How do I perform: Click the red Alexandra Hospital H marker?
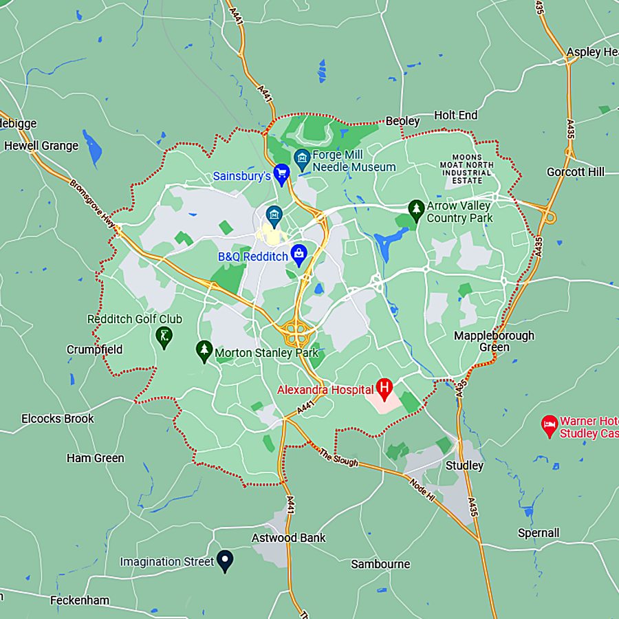coord(384,388)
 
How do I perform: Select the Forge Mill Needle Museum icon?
coord(301,159)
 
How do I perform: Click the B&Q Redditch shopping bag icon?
coord(299,254)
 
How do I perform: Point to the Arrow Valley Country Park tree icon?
coord(415,209)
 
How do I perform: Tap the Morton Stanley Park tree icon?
coord(204,351)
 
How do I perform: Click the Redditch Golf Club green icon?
coord(164,336)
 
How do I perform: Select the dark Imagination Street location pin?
coord(224,560)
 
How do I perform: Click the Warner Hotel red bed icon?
coord(549,425)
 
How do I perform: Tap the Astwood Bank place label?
coord(288,538)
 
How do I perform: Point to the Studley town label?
coord(464,466)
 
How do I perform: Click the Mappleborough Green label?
coord(494,341)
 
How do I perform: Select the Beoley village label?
coord(402,121)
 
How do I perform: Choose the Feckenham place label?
coord(80,600)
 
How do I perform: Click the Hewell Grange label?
coord(41,146)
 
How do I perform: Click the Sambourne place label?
coord(380,564)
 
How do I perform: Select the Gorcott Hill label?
coord(576,171)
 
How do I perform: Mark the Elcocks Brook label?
coord(58,418)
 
